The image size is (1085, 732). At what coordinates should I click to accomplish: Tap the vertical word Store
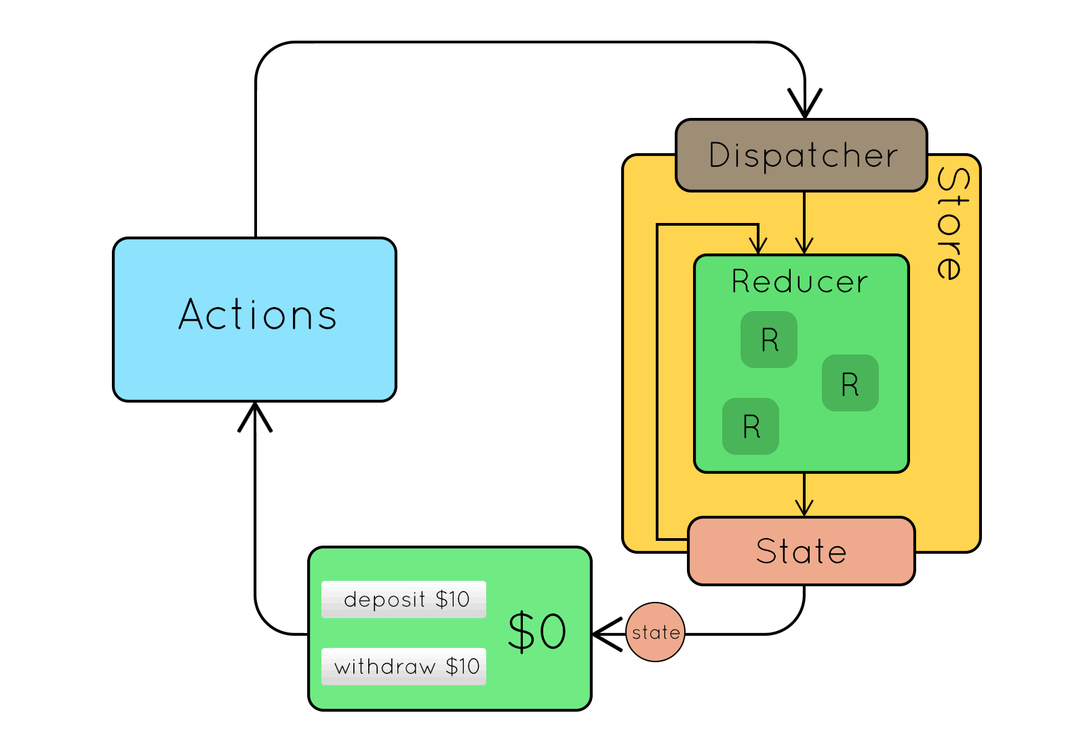pos(952,224)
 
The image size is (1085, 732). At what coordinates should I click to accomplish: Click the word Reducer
pos(800,281)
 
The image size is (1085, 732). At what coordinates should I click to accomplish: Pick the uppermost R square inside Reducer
pos(769,340)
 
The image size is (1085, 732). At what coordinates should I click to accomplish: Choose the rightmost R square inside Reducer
pos(850,383)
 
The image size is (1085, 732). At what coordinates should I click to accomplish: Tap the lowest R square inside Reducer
pos(751,426)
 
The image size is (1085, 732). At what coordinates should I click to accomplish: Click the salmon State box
pos(802,551)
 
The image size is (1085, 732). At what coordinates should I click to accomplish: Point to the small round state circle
pos(655,632)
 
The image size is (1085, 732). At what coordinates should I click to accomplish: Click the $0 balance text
pos(536,632)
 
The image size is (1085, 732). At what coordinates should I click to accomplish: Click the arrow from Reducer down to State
pos(804,495)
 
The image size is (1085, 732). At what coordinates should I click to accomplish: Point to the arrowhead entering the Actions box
pos(255,415)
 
